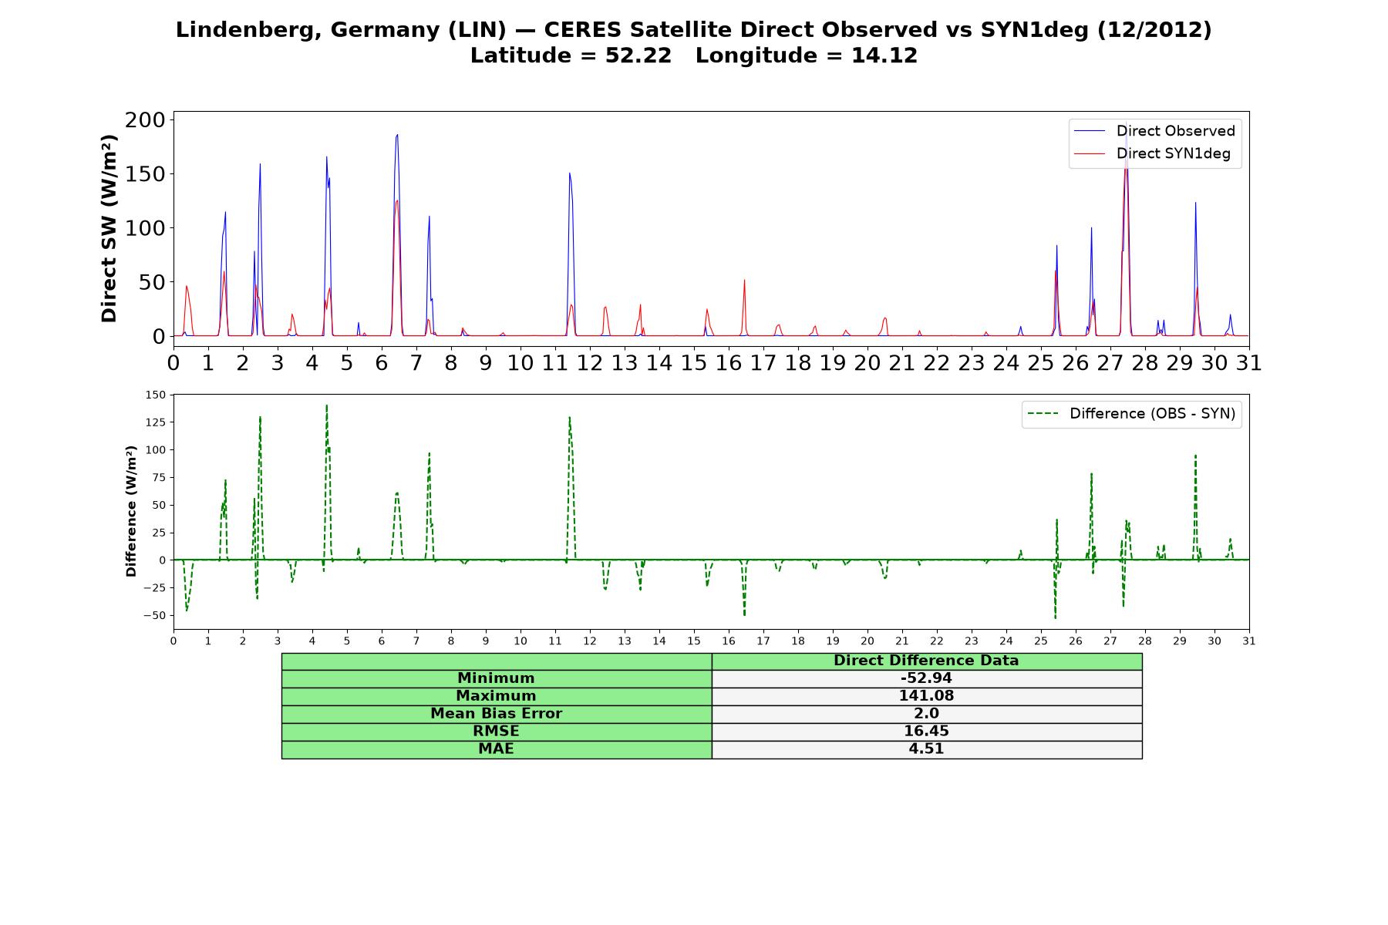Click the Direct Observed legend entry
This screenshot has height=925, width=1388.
tap(1154, 131)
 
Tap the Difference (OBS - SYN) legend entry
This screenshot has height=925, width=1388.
tap(1131, 414)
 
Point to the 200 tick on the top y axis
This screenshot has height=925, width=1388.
tap(145, 119)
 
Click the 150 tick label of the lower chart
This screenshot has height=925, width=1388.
tap(155, 395)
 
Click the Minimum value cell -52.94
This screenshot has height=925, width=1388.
tap(926, 678)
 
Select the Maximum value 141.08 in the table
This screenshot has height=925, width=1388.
tap(926, 696)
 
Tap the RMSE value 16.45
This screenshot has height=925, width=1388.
tap(926, 731)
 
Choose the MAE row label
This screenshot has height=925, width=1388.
tap(496, 748)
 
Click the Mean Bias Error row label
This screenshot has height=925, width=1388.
tap(496, 714)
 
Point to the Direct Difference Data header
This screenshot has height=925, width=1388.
tap(926, 661)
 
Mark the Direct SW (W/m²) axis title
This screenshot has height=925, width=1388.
tap(109, 228)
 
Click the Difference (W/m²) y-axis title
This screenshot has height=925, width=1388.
tap(131, 511)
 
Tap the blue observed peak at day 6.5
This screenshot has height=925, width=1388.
tap(397, 135)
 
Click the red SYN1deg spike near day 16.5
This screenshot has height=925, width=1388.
tap(744, 280)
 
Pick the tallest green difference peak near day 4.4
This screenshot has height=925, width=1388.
tap(326, 405)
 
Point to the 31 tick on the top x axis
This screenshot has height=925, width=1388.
tap(1249, 362)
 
